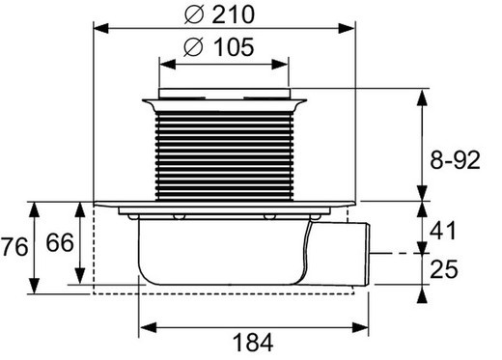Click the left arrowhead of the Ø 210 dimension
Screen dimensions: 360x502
coord(98,29)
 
